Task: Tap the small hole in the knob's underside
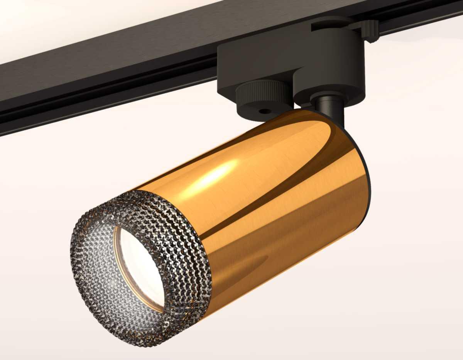click(265, 111)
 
